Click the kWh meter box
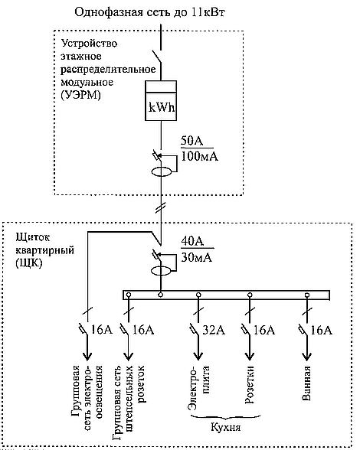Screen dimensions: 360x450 [160, 100]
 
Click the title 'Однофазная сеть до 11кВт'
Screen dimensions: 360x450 [149, 12]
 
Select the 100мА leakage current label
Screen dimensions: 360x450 [199, 156]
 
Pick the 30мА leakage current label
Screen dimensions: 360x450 [197, 257]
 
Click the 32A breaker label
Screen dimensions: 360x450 [214, 331]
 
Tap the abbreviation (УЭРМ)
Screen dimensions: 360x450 [81, 95]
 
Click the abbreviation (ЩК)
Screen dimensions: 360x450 [29, 263]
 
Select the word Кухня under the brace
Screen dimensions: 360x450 [225, 427]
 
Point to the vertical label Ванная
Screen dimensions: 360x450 [306, 383]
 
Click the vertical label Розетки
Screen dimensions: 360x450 [250, 384]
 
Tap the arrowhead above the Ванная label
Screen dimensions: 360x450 [307, 357]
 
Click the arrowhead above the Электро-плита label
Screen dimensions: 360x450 [198, 357]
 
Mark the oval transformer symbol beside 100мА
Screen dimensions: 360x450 [162, 171]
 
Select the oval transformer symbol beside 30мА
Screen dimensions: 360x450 [161, 271]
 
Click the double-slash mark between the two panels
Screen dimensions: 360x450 [161, 208]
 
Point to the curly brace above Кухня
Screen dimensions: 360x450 [225, 416]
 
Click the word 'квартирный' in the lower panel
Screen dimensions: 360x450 [45, 250]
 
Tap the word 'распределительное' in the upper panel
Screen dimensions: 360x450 [108, 70]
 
